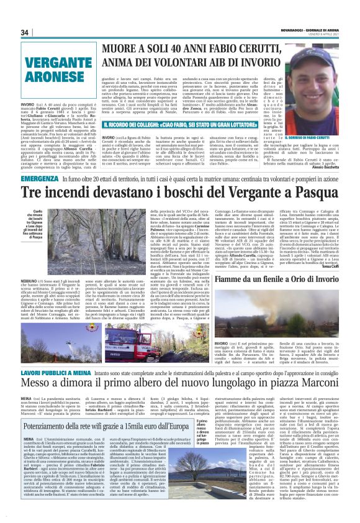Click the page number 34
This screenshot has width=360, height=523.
coord(25,32)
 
